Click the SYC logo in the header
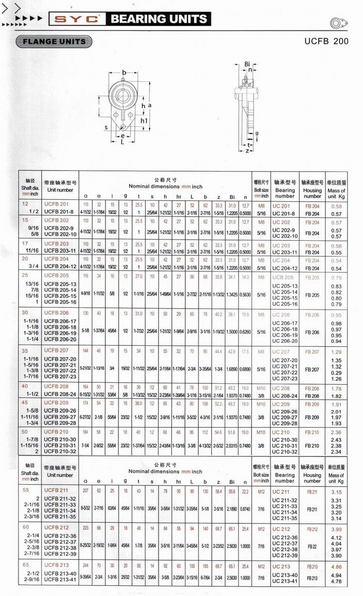(77, 19)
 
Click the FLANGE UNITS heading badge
(54, 42)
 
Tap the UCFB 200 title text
(326, 41)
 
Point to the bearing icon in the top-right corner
(338, 23)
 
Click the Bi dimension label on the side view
(247, 64)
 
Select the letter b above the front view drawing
(124, 73)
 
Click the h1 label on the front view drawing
(144, 120)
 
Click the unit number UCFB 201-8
(59, 212)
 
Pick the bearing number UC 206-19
(285, 335)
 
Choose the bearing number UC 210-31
(285, 446)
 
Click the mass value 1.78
(336, 389)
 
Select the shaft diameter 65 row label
(26, 565)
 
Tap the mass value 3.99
(336, 530)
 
